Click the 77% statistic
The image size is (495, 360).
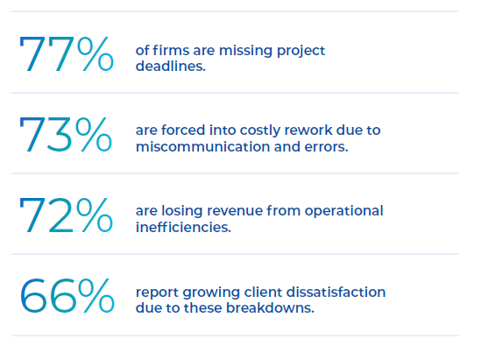click(67, 53)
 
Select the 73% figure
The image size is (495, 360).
click(66, 134)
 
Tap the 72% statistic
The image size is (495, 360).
click(66, 215)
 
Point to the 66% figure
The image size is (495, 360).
click(67, 296)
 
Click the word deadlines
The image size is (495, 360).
click(171, 66)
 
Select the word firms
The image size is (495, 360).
click(171, 50)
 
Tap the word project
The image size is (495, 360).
click(301, 52)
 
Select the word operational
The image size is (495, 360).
click(343, 212)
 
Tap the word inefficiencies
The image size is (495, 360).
click(183, 227)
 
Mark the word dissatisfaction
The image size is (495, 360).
click(336, 292)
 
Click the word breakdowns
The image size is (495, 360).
click(270, 307)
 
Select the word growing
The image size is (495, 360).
click(211, 293)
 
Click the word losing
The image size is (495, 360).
click(182, 212)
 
